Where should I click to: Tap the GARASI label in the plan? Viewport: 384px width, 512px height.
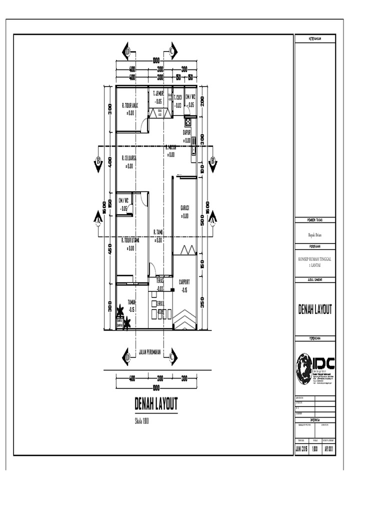(x=184, y=208)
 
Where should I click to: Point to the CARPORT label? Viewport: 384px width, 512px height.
(x=184, y=282)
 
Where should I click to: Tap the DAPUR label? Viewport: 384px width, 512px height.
(x=187, y=132)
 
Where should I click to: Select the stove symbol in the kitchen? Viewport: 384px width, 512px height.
(x=188, y=121)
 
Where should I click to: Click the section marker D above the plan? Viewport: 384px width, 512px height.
(x=127, y=51)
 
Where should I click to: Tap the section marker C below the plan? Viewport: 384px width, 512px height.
(x=171, y=357)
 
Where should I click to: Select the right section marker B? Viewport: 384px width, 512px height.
(x=213, y=161)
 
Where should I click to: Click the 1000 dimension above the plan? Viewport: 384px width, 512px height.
(x=156, y=61)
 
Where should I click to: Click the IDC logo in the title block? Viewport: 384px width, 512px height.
(x=315, y=367)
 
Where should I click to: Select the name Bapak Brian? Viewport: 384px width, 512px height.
(x=314, y=234)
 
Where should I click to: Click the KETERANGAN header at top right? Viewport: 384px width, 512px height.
(x=314, y=38)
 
